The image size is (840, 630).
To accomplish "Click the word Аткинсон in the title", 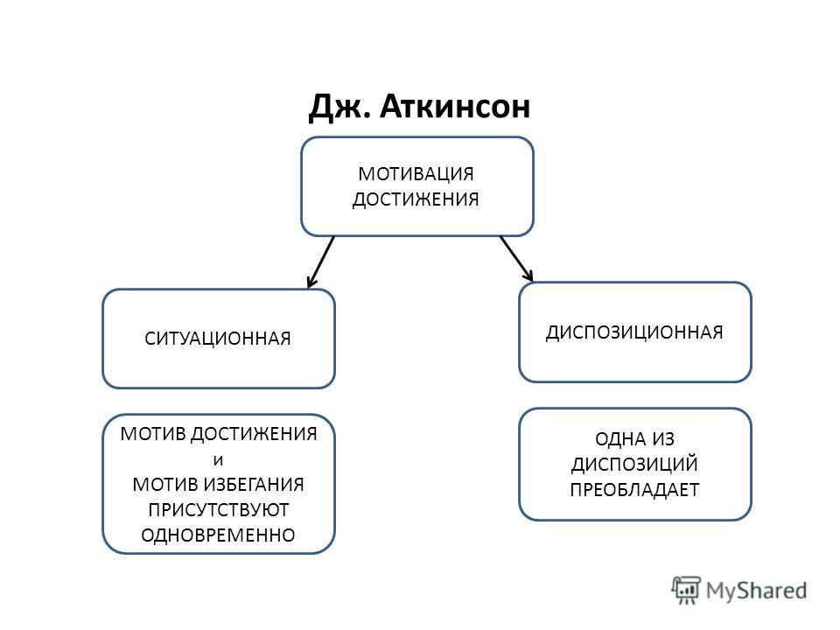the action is click(455, 106).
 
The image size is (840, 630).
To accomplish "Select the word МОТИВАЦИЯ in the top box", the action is click(416, 173).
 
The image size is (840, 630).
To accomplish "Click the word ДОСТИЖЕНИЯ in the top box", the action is click(416, 199).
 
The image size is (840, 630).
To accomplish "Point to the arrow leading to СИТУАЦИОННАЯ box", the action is click(320, 262).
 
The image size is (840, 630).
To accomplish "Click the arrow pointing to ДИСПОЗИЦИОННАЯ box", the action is click(516, 258).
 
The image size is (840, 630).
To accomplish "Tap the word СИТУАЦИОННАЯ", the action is click(218, 339).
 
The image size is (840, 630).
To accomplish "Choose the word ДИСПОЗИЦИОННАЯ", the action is click(634, 332).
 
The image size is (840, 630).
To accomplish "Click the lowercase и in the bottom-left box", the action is click(218, 460).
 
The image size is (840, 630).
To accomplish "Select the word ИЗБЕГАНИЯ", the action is click(255, 484).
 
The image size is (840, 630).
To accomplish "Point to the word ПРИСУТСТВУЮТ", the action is click(219, 510).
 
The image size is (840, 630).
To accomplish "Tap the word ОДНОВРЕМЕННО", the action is click(218, 535).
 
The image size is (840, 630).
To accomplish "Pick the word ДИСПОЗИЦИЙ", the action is click(634, 465).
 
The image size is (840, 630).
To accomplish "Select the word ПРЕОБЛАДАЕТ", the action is click(634, 490).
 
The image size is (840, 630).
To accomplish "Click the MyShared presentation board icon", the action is click(686, 591).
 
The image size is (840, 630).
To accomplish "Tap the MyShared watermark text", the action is click(756, 591).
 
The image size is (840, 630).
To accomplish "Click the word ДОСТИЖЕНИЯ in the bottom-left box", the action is click(254, 434).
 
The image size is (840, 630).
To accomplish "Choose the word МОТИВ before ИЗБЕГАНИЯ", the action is click(166, 484).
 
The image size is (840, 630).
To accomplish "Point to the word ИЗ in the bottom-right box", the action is click(661, 439).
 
